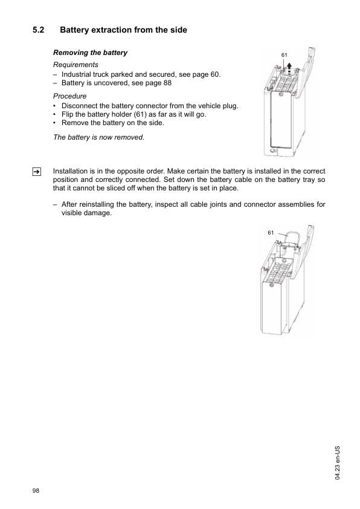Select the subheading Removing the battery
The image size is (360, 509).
pos(91,53)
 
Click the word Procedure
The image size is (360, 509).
pos(70,96)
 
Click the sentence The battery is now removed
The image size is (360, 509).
pos(99,137)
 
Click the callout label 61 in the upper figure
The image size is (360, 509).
pos(285,55)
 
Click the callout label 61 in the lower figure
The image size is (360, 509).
pos(271,232)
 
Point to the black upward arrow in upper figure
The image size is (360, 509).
pos(289,66)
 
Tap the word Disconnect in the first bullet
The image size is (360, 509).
pos(80,106)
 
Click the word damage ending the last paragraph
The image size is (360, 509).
pos(99,213)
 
